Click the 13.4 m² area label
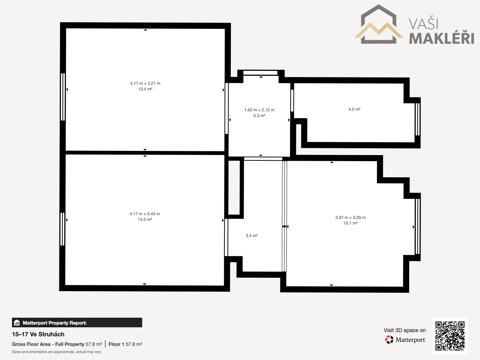tap(145, 89)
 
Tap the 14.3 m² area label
tap(145, 220)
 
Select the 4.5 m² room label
tap(354, 109)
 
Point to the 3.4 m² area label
tap(252, 235)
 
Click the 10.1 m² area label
tap(350, 223)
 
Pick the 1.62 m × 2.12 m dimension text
tap(259, 110)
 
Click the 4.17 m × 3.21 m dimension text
tap(145, 83)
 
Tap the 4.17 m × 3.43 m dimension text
tap(145, 214)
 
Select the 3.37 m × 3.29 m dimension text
tap(350, 217)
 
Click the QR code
tap(450, 336)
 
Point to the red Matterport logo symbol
tap(389, 340)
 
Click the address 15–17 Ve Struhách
tap(38, 334)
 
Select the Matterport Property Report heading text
tap(55, 323)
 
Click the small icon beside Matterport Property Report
tap(17, 322)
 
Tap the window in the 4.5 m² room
tap(418, 119)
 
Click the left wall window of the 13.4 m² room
tap(63, 97)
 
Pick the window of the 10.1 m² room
tap(418, 226)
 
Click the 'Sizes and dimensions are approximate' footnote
tap(57, 352)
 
